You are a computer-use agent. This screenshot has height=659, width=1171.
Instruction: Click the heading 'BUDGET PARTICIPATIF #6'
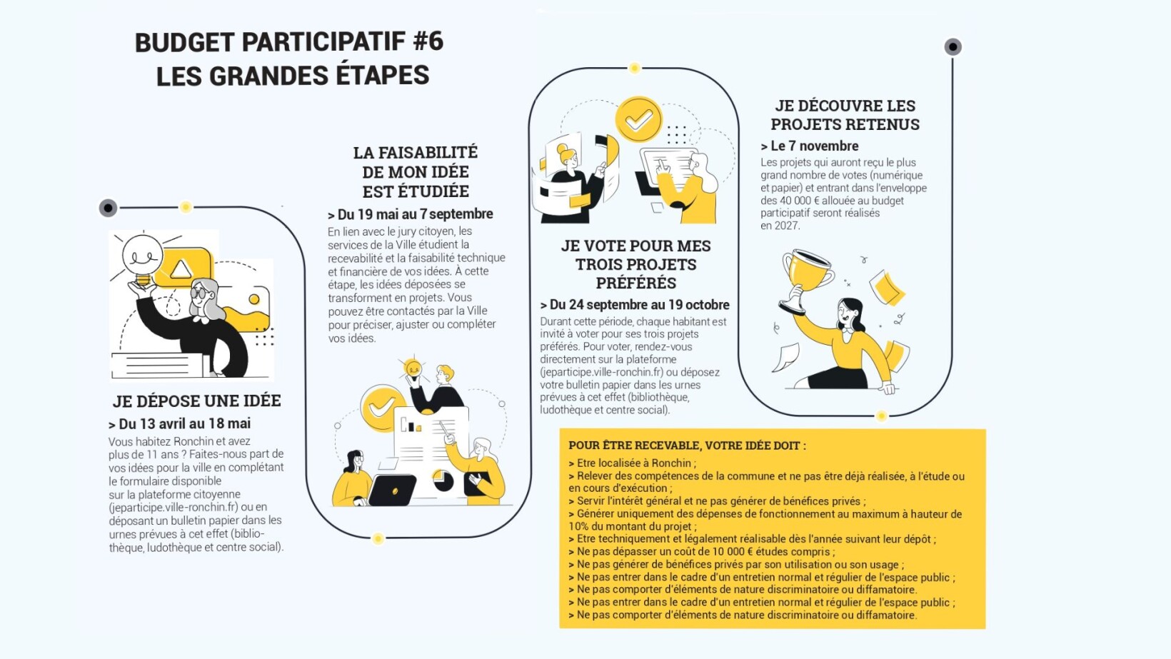pos(289,41)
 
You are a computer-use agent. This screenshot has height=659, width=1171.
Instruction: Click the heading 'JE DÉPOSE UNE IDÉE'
pos(197,401)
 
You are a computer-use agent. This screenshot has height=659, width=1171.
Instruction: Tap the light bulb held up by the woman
pos(143,255)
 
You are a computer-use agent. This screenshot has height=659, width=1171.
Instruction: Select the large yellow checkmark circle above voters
pos(638,119)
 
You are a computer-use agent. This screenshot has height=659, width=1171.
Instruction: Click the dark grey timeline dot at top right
pos(953,47)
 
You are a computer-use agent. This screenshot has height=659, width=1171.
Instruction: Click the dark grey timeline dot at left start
pos(108,208)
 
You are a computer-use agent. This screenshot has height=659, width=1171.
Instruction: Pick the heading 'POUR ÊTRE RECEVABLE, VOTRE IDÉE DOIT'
pos(687,446)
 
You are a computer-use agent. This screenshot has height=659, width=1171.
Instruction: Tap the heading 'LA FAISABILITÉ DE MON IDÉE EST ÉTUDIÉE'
pos(416,172)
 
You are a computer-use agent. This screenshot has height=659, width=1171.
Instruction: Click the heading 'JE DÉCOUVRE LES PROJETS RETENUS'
pos(845,115)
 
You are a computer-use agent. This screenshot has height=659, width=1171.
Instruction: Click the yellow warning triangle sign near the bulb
pos(181,269)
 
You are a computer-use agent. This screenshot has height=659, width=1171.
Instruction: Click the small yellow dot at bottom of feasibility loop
pos(378,538)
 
